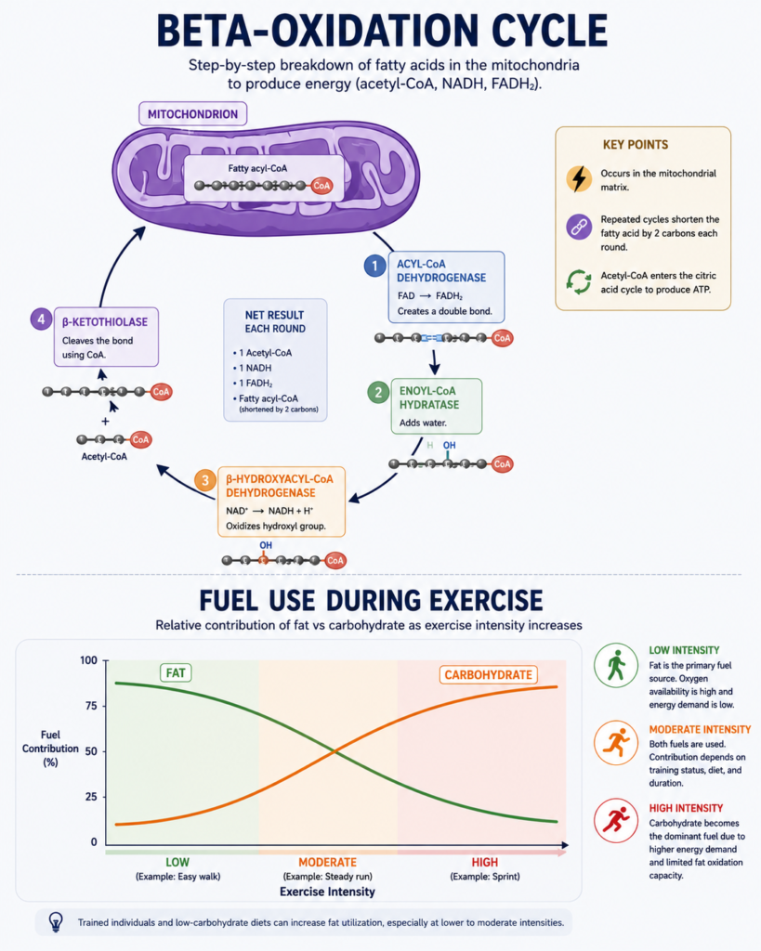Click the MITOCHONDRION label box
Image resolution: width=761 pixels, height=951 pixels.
pyautogui.click(x=193, y=114)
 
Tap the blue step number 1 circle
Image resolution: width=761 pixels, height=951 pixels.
pyautogui.click(x=375, y=266)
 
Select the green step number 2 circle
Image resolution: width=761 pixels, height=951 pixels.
pyautogui.click(x=379, y=393)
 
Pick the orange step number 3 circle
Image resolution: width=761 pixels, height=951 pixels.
pyautogui.click(x=205, y=480)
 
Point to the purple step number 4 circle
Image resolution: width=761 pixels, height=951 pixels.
pyautogui.click(x=41, y=319)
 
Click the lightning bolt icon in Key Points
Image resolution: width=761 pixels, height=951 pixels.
pyautogui.click(x=579, y=179)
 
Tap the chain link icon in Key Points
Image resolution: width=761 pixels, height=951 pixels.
pyautogui.click(x=579, y=227)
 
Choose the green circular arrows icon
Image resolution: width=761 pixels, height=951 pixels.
pyautogui.click(x=579, y=282)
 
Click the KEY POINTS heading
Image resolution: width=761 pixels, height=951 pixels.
pyautogui.click(x=636, y=145)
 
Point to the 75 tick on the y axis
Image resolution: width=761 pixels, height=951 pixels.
pyautogui.click(x=91, y=706)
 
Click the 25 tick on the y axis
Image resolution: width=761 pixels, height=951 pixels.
pyautogui.click(x=91, y=796)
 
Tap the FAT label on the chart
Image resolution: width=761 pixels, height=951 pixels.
pyautogui.click(x=176, y=673)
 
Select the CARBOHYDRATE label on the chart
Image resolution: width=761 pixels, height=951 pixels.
pyautogui.click(x=488, y=675)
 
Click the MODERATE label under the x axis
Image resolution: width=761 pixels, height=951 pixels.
pyautogui.click(x=328, y=862)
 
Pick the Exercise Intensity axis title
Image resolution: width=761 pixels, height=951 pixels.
pyautogui.click(x=327, y=892)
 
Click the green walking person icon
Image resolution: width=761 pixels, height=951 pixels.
pyautogui.click(x=616, y=665)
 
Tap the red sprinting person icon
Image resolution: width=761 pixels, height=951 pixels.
pyautogui.click(x=616, y=821)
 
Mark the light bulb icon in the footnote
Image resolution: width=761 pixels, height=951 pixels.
pyautogui.click(x=56, y=922)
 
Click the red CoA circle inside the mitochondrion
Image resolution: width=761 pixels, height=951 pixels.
pyautogui.click(x=321, y=186)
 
